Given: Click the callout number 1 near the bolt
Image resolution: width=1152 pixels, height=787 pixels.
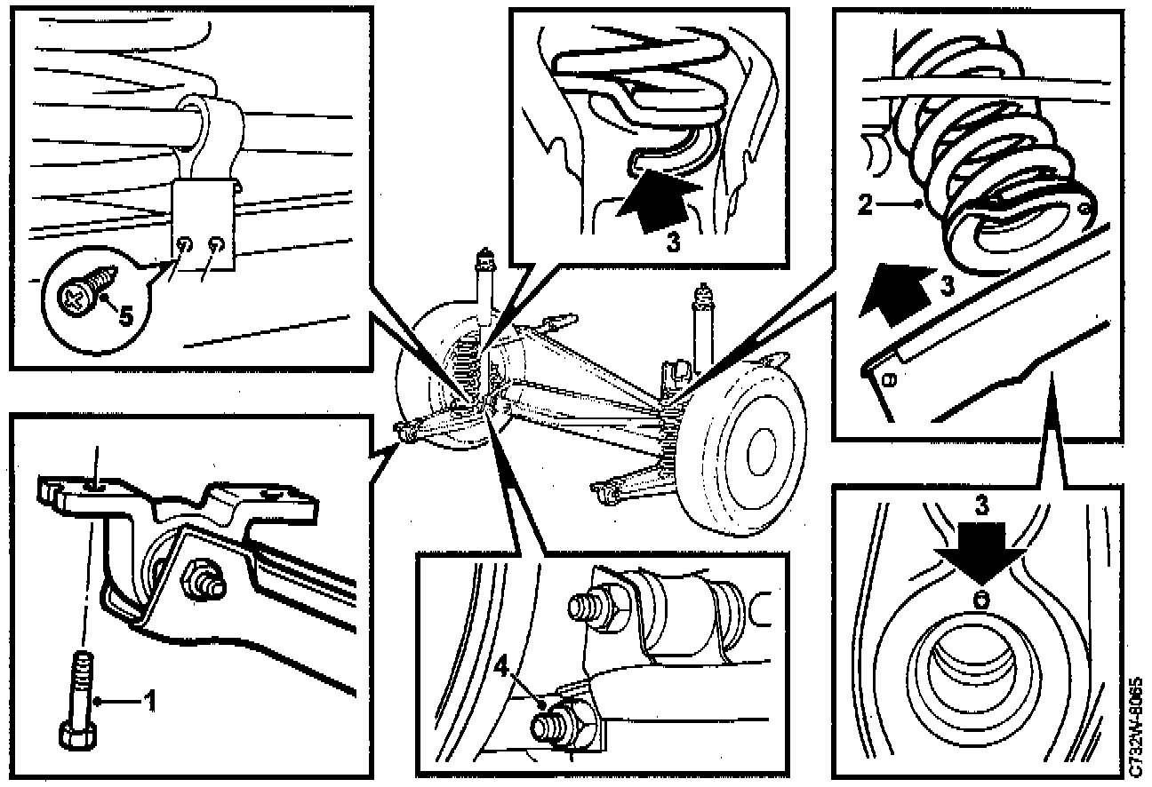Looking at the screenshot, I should pos(150,702).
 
